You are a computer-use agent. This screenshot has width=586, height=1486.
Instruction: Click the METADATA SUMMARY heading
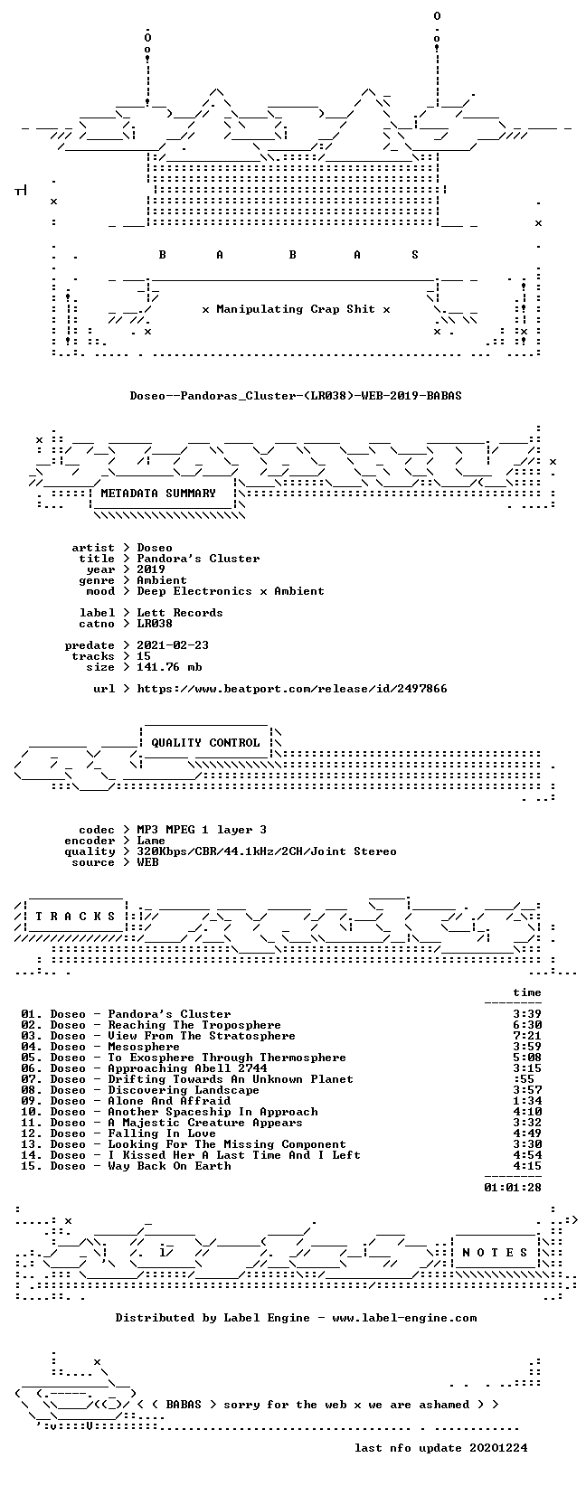point(158,494)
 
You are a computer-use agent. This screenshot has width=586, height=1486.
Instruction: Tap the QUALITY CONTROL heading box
point(205,743)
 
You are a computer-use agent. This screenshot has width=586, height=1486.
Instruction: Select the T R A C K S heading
point(75,917)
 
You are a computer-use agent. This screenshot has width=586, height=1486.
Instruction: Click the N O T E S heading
point(495,1253)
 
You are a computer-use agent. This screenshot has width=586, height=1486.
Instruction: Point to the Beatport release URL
point(292,689)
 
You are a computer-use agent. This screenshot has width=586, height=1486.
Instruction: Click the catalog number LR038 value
point(155,624)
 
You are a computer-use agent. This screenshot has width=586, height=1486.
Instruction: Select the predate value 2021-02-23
point(173,644)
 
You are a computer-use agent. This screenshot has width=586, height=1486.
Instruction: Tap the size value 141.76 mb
point(169,667)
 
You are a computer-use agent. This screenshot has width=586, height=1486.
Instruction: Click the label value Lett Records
point(180,613)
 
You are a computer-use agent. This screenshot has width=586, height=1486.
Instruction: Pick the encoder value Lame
point(151,841)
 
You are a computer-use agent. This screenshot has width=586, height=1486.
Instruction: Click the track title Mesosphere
point(144,1047)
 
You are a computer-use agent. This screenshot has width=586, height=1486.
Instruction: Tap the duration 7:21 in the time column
point(527,1036)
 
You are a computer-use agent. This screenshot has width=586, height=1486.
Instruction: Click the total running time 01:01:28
point(513,1188)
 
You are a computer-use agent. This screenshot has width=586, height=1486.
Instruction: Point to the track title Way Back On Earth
point(169,1166)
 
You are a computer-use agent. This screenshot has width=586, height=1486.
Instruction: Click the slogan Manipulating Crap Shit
point(296,309)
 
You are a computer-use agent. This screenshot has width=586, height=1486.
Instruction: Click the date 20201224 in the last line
point(498,1447)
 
